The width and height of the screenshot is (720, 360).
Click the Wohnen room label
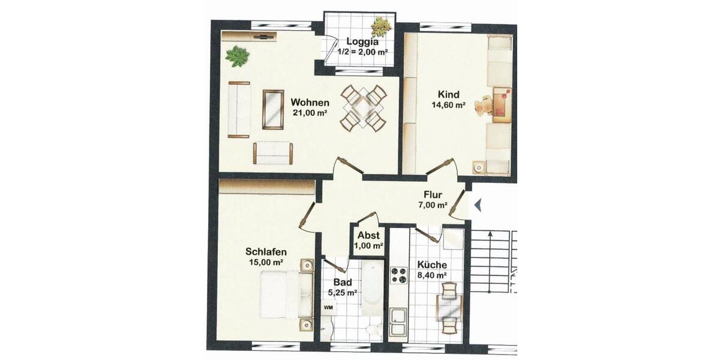pos(310,102)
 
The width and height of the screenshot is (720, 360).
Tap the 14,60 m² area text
pos(448,104)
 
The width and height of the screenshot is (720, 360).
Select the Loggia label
pos(362,42)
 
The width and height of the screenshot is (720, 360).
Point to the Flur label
pos(433,194)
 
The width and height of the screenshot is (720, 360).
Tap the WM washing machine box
pos(328,307)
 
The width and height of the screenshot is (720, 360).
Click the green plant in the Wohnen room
pos(237,56)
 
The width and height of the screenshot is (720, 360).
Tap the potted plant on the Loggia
pos(381,26)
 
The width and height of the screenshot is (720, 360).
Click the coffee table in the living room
pos(273,109)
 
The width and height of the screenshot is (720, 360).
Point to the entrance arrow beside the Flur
pos(478,205)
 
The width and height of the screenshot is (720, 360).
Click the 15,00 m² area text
pos(265,262)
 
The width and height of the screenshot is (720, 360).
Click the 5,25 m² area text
pos(343,293)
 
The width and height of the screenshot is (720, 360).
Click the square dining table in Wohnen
pos(362,108)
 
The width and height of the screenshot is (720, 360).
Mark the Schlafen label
pos(266,252)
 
